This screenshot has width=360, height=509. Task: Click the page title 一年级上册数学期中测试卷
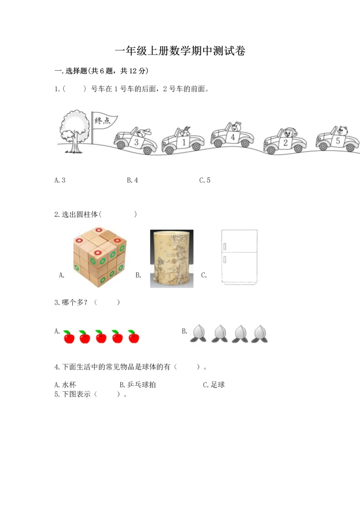180,51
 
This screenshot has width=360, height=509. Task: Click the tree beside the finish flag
75,131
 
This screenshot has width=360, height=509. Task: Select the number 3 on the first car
136,142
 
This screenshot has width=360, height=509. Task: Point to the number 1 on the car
184,142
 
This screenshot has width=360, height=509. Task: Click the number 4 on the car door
233,137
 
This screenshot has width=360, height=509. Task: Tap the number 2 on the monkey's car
285,143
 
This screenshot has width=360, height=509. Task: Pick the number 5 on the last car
338,141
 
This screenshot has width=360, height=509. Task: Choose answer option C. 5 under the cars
205,180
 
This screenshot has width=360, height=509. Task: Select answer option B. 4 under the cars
132,180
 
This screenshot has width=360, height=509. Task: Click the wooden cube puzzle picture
100,257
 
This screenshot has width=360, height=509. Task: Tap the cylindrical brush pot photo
172,259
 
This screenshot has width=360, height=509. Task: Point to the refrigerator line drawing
239,257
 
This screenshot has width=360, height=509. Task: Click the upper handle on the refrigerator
225,247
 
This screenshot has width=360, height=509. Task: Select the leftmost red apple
69,337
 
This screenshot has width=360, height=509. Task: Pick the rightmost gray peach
260,333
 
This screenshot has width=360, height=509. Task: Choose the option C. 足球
214,385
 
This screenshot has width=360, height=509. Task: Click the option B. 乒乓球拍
138,385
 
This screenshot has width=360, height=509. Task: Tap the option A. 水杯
65,385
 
